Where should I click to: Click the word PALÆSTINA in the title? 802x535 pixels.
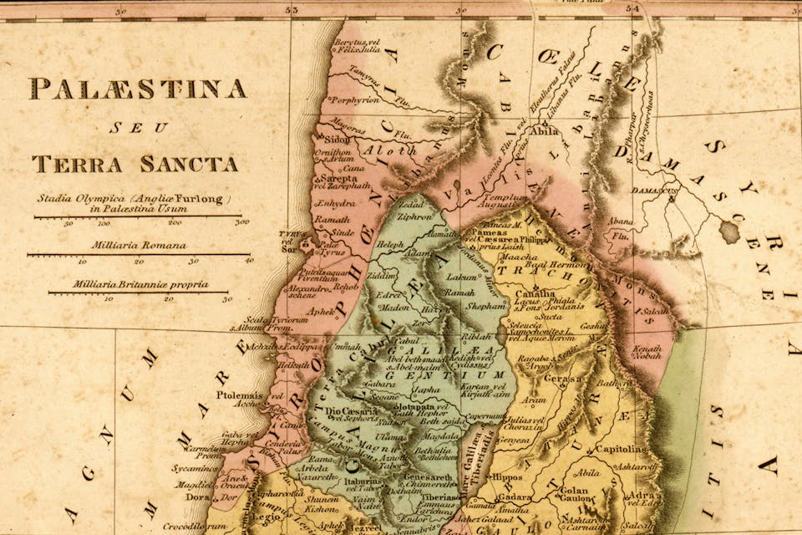(x=138, y=89)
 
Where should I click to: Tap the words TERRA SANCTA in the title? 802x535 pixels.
(x=135, y=163)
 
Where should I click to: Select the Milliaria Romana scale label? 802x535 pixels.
(x=129, y=247)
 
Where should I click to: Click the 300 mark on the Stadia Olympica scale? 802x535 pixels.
(x=242, y=223)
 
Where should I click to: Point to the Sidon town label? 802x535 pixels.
(x=338, y=140)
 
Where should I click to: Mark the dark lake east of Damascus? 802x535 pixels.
(x=729, y=232)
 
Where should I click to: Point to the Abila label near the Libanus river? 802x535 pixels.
(x=544, y=130)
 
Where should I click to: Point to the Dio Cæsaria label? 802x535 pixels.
(x=344, y=410)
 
